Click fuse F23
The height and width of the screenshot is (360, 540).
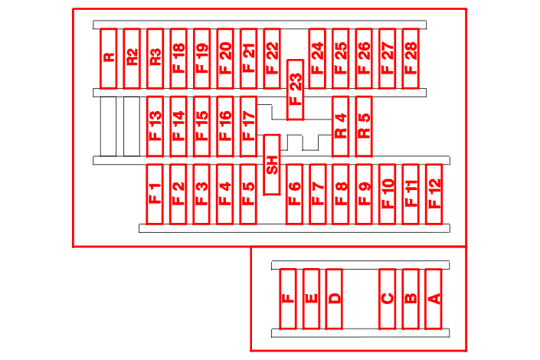(295, 90)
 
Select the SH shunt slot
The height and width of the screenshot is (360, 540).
(272, 165)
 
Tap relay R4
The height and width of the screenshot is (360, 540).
(341, 126)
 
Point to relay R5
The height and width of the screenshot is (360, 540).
(364, 126)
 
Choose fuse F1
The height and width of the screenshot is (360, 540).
(155, 195)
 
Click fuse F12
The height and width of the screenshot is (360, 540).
(434, 195)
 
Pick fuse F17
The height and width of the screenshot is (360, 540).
(248, 126)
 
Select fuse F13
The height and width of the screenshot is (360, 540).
(155, 126)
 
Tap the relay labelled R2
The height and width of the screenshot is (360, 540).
(132, 58)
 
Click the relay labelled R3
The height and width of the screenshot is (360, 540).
(155, 58)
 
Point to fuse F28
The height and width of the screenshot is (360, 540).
(411, 58)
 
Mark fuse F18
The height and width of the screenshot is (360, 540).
(178, 58)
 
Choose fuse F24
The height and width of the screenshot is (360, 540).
(317, 58)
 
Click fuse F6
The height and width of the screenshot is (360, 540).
(294, 195)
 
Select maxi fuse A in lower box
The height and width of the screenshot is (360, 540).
(434, 299)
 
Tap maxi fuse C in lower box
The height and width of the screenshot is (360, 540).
(387, 299)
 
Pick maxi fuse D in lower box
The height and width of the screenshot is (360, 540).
(334, 299)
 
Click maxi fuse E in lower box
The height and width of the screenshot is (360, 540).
(311, 299)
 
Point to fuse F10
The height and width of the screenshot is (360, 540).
(387, 195)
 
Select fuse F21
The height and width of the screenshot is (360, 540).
(248, 58)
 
